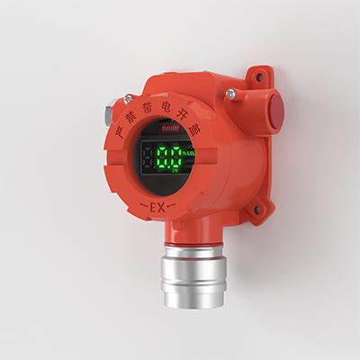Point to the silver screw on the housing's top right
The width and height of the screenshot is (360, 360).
click(231, 94)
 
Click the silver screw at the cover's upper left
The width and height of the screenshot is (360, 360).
click(129, 98)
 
